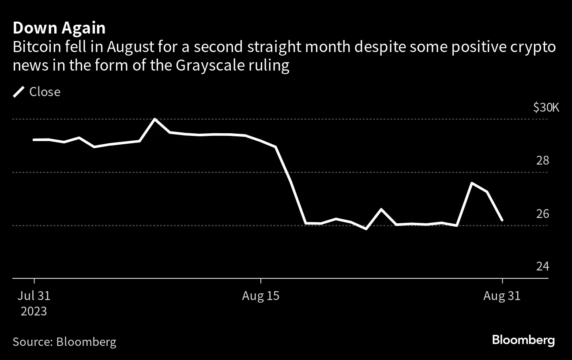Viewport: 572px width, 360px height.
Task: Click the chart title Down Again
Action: pyautogui.click(x=59, y=28)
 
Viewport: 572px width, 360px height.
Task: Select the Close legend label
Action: pyautogui.click(x=45, y=92)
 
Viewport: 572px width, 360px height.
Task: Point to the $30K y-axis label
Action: pyautogui.click(x=546, y=107)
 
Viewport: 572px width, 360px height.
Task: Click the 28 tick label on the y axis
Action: pyautogui.click(x=543, y=160)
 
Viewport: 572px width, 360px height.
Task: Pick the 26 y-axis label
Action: pyautogui.click(x=543, y=214)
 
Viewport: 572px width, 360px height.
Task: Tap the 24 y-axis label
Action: pyautogui.click(x=543, y=266)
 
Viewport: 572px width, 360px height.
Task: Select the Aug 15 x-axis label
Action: pyautogui.click(x=260, y=296)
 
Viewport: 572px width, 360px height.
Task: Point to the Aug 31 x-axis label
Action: pyautogui.click(x=502, y=296)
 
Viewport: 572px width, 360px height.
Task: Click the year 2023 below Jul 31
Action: pyautogui.click(x=34, y=311)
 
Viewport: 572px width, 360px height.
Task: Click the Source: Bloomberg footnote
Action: pyautogui.click(x=64, y=341)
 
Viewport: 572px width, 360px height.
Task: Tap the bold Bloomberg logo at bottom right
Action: pyautogui.click(x=523, y=340)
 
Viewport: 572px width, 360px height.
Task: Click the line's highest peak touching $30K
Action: pyautogui.click(x=154, y=119)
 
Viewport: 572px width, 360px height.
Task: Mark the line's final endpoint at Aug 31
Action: pyautogui.click(x=502, y=220)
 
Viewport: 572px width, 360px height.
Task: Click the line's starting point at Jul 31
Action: pyautogui.click(x=34, y=140)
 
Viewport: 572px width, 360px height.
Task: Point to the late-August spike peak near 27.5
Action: pyautogui.click(x=472, y=183)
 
